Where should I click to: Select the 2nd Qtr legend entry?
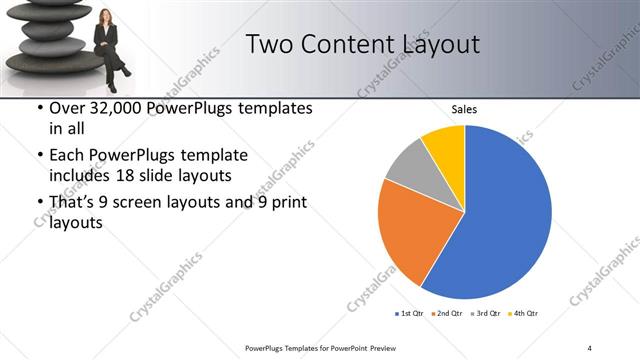448,314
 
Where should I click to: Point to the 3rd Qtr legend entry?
487,314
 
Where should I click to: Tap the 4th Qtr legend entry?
526,314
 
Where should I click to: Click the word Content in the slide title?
340,44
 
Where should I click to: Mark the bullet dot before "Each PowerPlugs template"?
39,156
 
